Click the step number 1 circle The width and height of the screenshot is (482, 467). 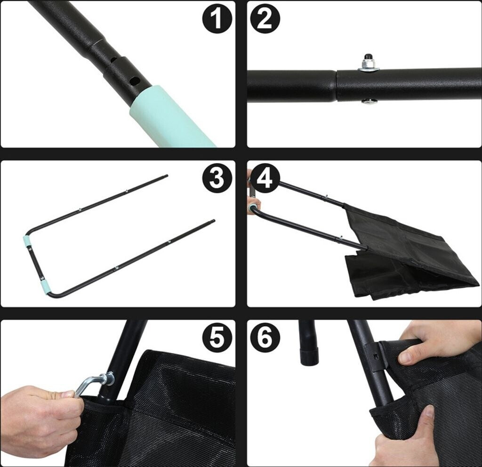(217, 18)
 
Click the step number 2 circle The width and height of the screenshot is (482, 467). (265, 18)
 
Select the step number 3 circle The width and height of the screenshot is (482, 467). (217, 178)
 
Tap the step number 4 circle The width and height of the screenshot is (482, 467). (265, 178)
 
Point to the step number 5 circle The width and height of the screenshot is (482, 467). (217, 337)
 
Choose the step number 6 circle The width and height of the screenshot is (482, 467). (265, 337)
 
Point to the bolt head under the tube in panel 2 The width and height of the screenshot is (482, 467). (368, 101)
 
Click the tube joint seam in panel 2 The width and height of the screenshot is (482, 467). (337, 86)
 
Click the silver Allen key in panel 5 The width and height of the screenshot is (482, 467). (92, 383)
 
